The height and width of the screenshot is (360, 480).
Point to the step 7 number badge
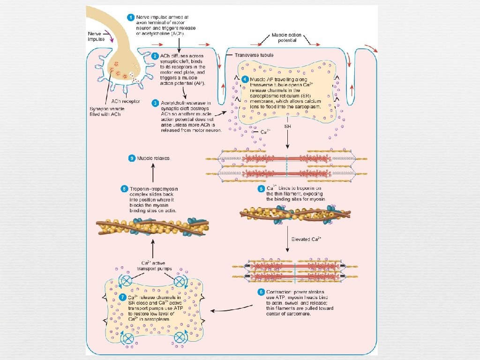(123, 297)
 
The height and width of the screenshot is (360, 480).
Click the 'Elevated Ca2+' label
(306, 239)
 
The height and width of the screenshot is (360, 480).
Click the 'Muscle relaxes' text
(153, 158)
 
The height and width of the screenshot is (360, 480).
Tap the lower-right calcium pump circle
(180, 337)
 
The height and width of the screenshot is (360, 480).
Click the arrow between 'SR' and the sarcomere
(287, 141)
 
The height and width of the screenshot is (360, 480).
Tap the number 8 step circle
(124, 189)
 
